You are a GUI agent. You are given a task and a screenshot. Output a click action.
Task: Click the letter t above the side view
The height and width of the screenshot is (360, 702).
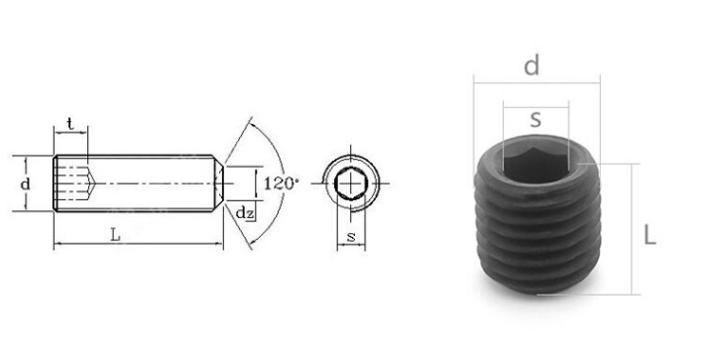coord(70,124)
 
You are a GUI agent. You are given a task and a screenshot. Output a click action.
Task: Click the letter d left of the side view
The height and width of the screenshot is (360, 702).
coord(26,184)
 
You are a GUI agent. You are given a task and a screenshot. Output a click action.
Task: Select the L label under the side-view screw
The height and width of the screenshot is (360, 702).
coord(115,235)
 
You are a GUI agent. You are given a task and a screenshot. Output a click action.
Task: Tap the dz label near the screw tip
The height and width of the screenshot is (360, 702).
coord(245,213)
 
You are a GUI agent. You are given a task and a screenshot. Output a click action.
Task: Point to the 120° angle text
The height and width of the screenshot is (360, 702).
coord(281,183)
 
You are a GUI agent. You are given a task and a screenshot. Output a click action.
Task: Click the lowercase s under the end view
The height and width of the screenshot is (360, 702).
coord(351,237)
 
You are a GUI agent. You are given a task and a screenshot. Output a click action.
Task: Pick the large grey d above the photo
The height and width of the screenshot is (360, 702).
coord(531,65)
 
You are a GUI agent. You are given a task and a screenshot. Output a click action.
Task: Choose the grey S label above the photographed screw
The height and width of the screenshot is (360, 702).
coord(535,120)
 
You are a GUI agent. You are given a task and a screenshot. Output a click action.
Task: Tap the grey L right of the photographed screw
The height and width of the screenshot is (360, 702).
coord(649,235)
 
